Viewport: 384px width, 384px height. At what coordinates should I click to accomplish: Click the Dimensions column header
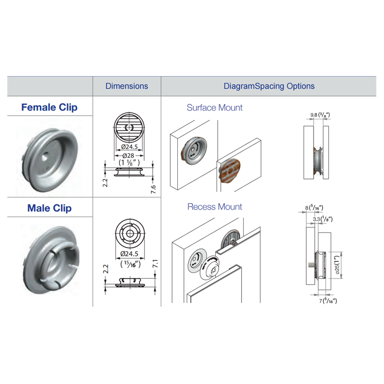(127, 86)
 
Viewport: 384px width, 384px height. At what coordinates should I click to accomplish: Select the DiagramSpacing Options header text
(269, 86)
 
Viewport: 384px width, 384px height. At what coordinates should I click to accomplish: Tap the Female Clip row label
(50, 107)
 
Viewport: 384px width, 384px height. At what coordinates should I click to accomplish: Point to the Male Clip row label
(50, 208)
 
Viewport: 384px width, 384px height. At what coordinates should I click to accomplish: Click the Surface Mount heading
(215, 108)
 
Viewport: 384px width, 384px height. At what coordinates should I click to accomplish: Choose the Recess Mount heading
(215, 207)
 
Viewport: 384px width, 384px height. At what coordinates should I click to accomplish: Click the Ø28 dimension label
(128, 156)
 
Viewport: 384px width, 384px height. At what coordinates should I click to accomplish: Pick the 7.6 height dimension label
(153, 189)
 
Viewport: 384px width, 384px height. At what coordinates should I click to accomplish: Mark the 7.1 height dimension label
(155, 264)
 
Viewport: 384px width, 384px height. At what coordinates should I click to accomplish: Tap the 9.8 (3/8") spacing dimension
(320, 114)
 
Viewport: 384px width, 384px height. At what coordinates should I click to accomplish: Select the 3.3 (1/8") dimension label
(323, 219)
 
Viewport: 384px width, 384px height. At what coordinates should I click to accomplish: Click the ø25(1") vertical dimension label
(337, 265)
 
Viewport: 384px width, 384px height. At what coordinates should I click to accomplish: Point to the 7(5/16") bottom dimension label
(328, 301)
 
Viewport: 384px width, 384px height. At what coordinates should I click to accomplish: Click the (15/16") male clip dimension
(131, 264)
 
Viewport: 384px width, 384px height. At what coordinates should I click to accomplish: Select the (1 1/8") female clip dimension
(129, 162)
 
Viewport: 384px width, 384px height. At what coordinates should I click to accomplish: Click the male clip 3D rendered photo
(51, 260)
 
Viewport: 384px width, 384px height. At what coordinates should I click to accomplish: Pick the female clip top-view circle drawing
(129, 127)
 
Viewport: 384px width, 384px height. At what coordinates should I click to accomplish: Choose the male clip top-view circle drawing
(130, 233)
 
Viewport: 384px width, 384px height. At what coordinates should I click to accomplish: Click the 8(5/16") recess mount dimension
(314, 208)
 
